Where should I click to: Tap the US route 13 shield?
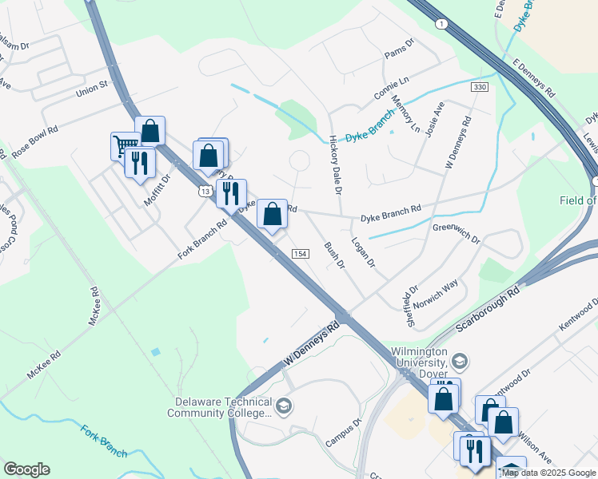pos(205,191)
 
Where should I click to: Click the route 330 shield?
pos(479,86)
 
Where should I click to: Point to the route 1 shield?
pos(441,24)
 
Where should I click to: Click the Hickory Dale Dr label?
pos(335,165)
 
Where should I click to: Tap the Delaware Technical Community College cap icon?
pos(282,407)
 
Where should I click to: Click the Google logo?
pos(26,469)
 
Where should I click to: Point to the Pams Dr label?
pos(399,49)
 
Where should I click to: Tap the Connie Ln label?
pos(391,89)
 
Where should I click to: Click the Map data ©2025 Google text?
pos(548,473)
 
